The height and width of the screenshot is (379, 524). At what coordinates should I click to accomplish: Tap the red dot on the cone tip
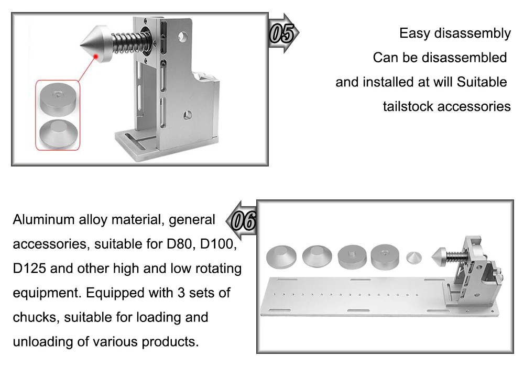point(96,56)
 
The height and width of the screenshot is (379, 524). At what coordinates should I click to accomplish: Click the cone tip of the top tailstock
point(81,44)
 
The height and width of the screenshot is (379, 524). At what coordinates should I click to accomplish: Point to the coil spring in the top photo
point(127,42)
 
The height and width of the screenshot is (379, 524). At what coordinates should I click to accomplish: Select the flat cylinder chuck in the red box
point(58,98)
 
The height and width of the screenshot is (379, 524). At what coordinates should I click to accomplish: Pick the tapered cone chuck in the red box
point(59,134)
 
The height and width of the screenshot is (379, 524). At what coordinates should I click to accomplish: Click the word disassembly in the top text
point(472,34)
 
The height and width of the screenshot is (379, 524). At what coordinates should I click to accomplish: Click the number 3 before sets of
point(181,293)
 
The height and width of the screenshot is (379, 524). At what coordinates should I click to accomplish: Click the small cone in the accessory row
point(414,258)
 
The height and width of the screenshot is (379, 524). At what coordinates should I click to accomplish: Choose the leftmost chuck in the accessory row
point(281,257)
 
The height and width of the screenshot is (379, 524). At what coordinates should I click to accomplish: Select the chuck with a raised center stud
point(353,257)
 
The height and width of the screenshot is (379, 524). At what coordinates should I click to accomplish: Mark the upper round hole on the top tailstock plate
point(182,36)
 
